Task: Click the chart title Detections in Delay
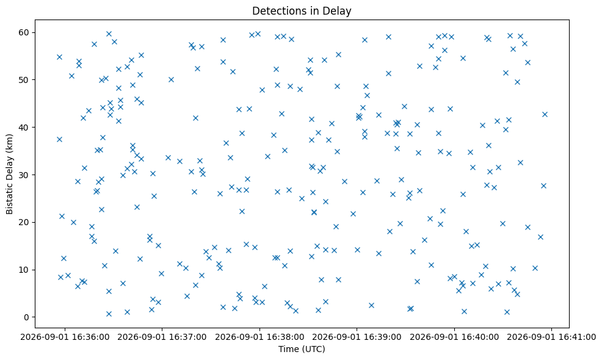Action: pos(302,11)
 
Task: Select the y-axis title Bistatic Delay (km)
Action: pos(10,174)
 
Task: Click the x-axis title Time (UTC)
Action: pos(302,349)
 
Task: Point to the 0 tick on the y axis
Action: pos(26,317)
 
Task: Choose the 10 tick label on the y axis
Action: pos(24,270)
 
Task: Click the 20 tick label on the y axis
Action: pos(24,222)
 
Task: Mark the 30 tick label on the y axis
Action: pos(24,175)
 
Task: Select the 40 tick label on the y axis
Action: pos(24,127)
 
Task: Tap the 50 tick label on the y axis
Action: pos(24,80)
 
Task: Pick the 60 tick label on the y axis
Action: pos(24,32)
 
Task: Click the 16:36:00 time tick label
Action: pos(65,337)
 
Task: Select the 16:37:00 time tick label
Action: pos(162,337)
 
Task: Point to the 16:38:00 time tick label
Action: pos(259,337)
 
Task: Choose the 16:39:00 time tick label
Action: pos(357,337)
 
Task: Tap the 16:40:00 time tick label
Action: pos(455,337)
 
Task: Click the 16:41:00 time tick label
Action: pos(552,337)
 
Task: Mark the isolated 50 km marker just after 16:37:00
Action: pos(171,80)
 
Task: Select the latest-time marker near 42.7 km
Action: pos(545,114)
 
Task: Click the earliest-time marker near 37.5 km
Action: pos(59,139)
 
